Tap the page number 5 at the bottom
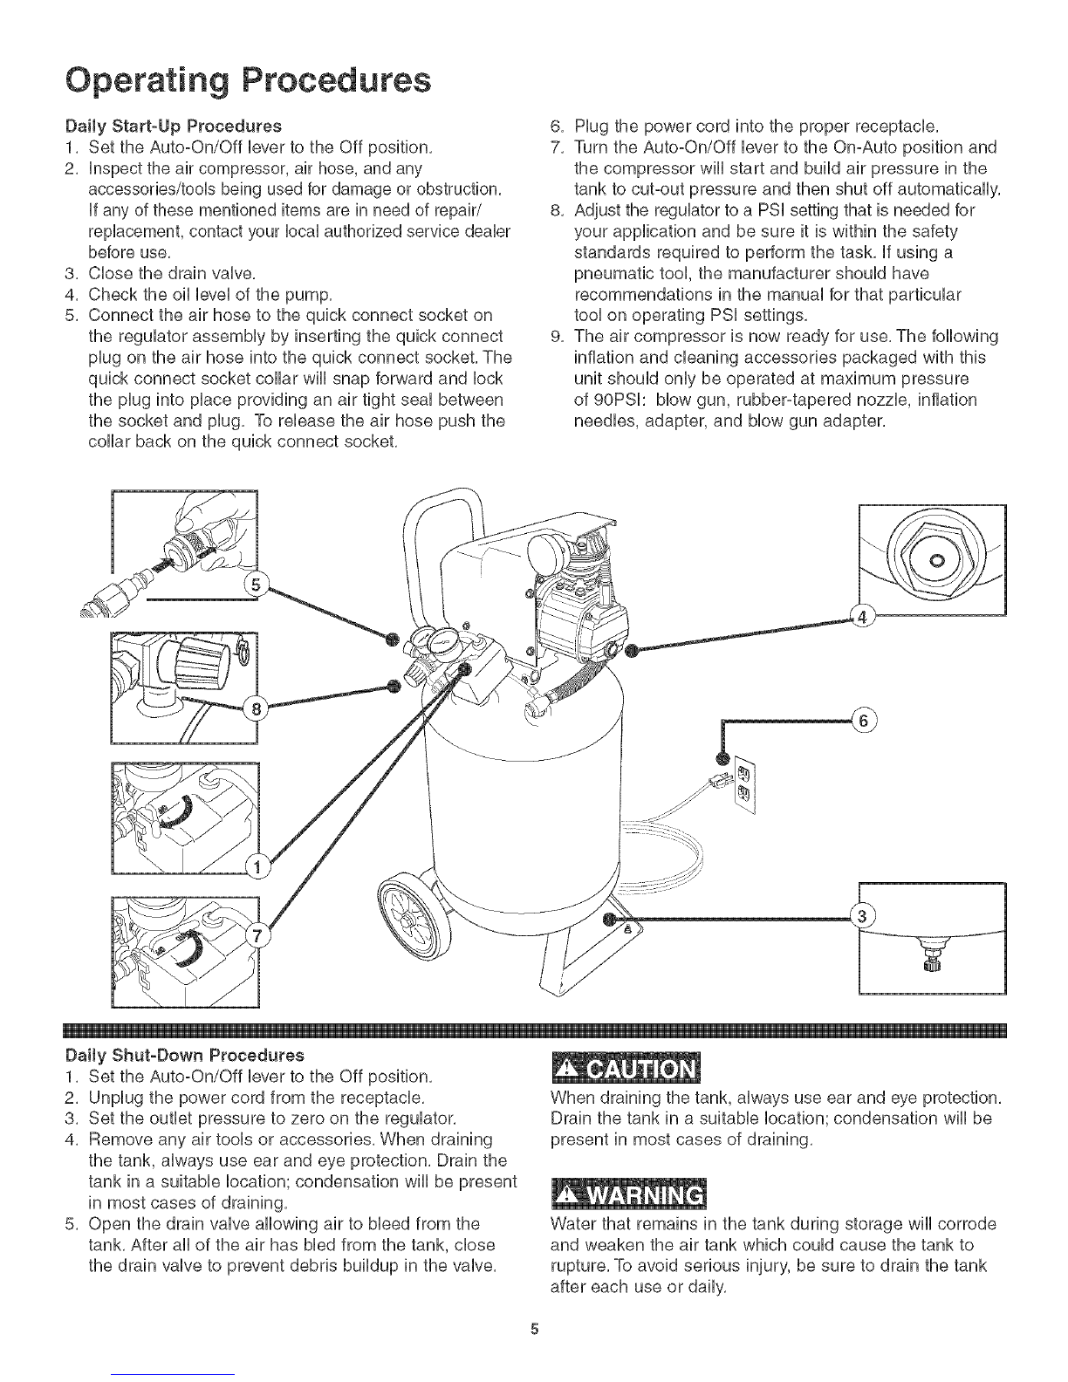[x=534, y=1330]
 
